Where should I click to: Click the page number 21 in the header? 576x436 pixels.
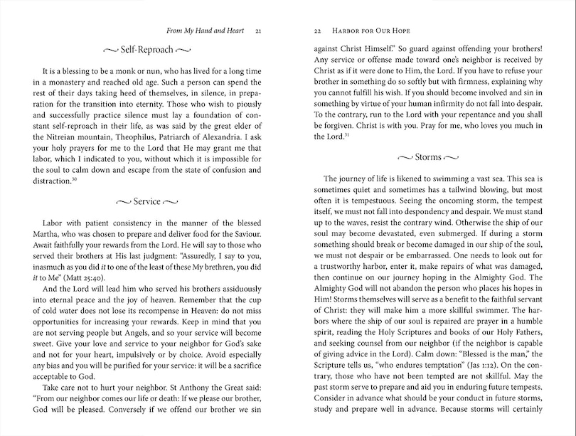[258, 31]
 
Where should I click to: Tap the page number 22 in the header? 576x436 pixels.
[318, 31]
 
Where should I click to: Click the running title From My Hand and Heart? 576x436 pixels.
[206, 31]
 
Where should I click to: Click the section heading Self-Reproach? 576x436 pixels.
[146, 50]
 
